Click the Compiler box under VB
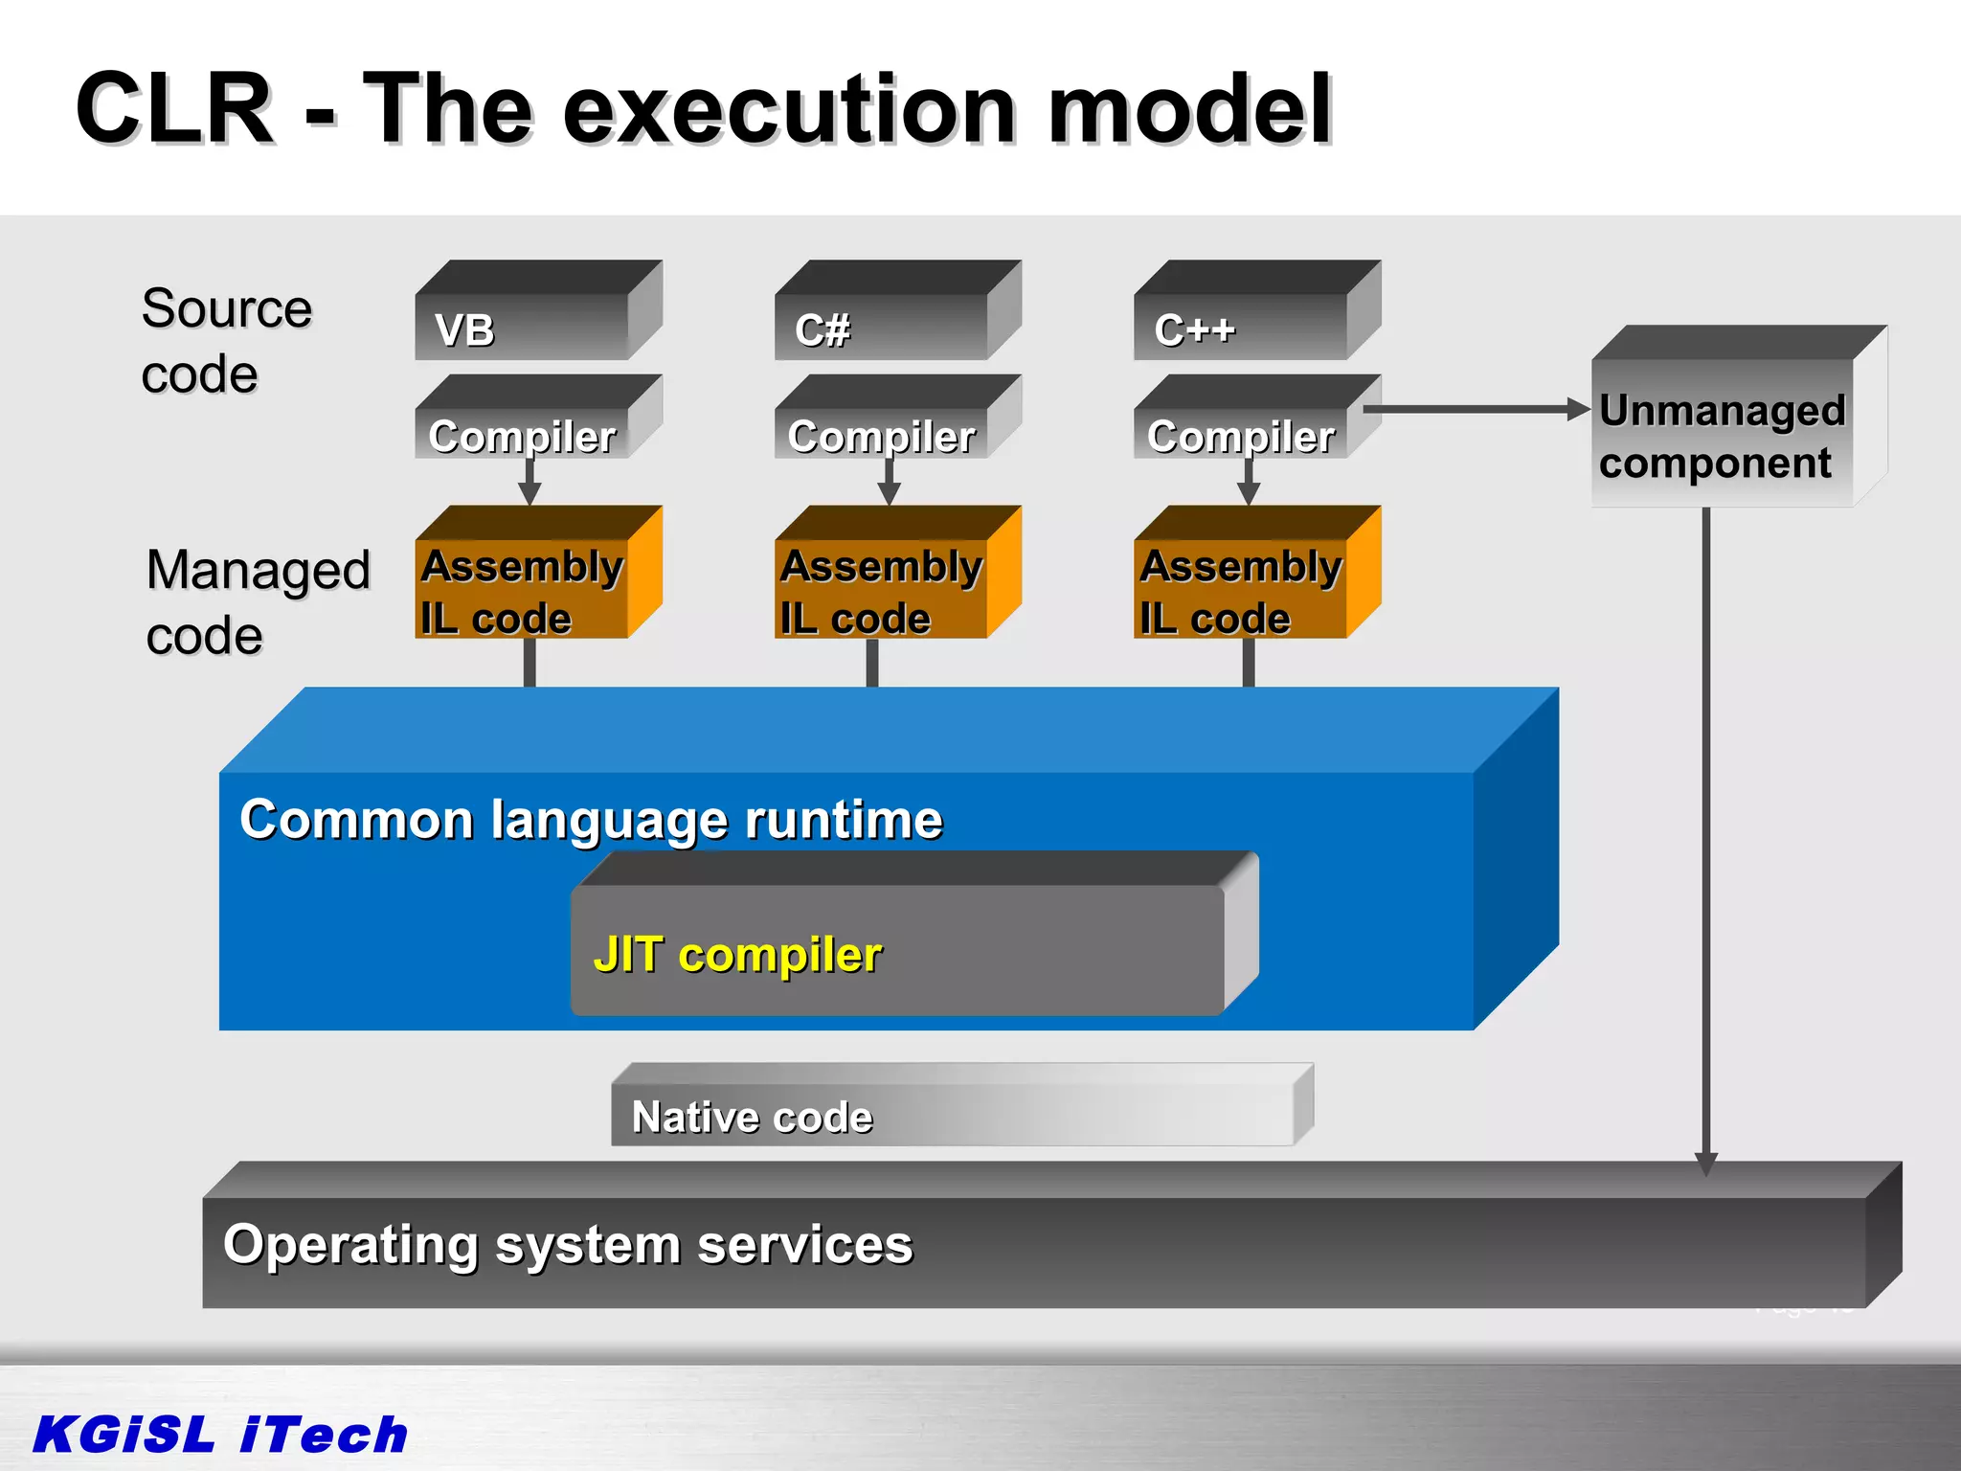[x=523, y=436]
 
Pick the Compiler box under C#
[x=882, y=436]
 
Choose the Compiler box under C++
[x=1241, y=436]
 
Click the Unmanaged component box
[x=1723, y=435]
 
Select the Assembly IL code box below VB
[x=523, y=590]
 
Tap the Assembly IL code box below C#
[x=882, y=590]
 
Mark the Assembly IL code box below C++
[x=1241, y=590]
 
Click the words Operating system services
[x=568, y=1244]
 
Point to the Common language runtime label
[x=591, y=820]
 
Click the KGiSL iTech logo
[x=220, y=1434]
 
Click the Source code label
[x=226, y=340]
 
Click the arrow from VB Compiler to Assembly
[x=530, y=481]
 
